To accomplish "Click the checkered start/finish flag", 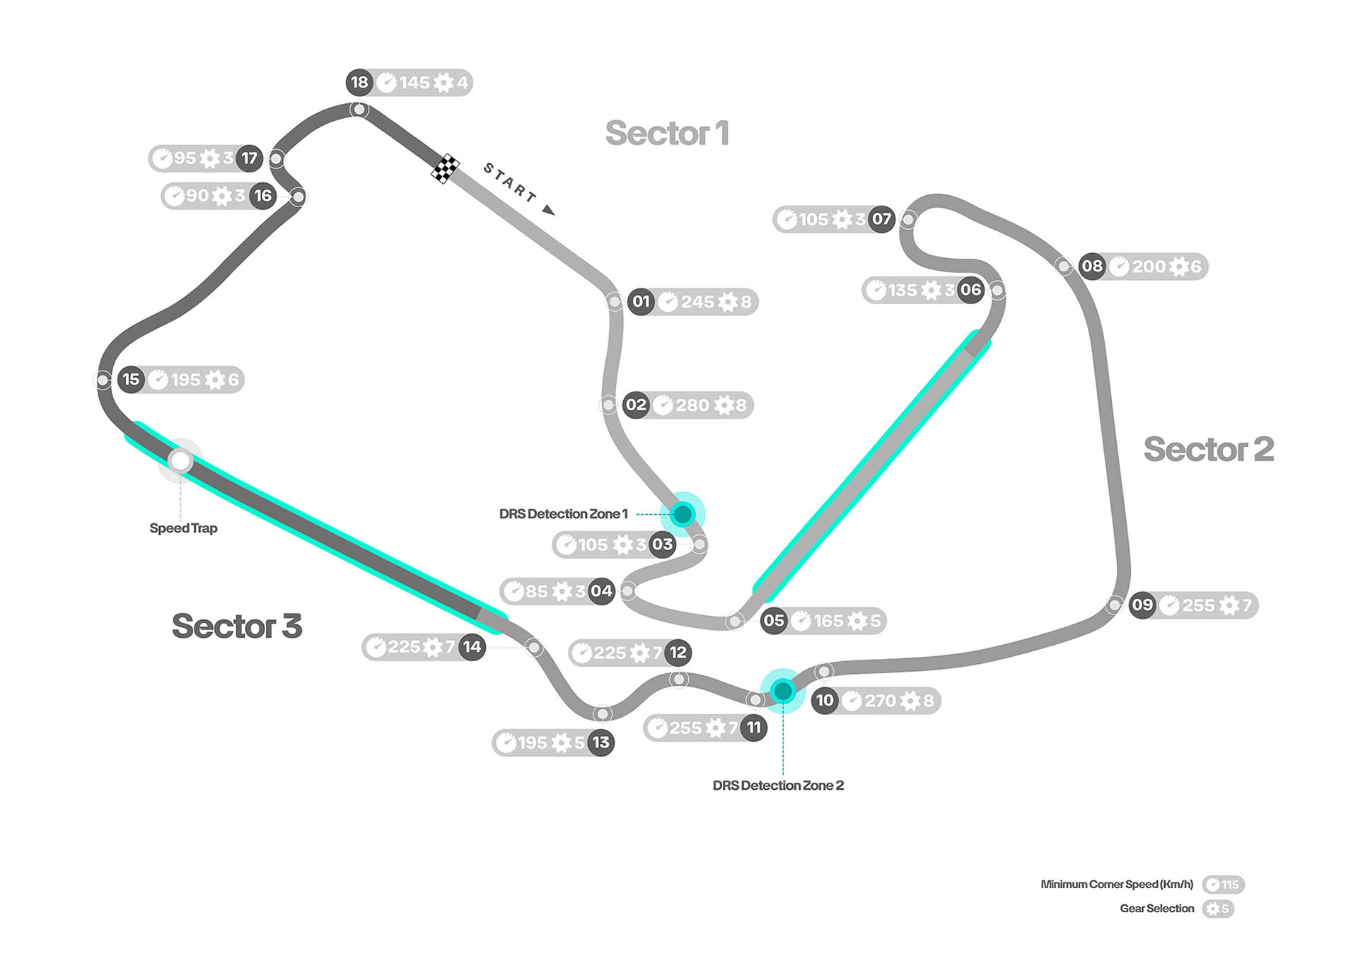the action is point(445,168).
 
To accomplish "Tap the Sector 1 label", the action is point(667,133).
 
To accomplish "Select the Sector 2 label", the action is point(1209,449).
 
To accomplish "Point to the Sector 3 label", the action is point(237,626).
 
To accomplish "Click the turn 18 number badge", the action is point(359,82).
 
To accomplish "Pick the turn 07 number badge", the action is point(881,219).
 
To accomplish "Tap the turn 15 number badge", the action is point(131,380).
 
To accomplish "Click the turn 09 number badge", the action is point(1142,605).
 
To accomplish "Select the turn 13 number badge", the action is point(600,742).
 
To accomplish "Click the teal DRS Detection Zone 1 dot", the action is point(683,514).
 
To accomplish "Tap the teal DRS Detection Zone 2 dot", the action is point(783,690).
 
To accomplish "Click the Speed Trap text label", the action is point(183,528).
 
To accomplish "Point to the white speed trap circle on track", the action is point(180,461).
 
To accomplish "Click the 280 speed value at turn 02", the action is point(692,405).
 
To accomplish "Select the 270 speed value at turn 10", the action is point(880,701).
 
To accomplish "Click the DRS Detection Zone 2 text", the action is point(778,786).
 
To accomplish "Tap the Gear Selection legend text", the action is point(1156,909).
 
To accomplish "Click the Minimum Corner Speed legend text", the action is point(1117,885).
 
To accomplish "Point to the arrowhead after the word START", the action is point(548,209).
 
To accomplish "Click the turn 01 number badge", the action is point(641,302).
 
